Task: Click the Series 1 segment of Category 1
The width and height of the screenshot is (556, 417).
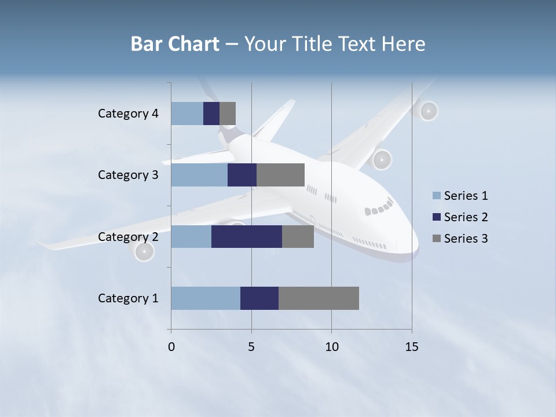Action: (206, 298)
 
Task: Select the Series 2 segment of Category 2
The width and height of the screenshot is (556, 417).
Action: (247, 236)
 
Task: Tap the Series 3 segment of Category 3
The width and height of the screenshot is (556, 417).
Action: (280, 175)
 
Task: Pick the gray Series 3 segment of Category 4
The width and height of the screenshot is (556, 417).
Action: (228, 114)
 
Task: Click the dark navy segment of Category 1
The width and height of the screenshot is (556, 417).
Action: (259, 298)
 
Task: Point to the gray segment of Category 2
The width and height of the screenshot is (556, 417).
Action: (298, 236)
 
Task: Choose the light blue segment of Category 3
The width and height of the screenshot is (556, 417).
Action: (199, 175)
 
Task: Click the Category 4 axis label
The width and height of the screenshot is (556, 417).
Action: (128, 114)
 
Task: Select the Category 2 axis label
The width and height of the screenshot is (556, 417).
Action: (128, 236)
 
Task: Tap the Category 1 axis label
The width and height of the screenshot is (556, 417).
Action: (128, 298)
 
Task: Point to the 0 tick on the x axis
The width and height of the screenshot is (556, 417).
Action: (171, 347)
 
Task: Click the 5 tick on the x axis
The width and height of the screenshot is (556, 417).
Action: (251, 347)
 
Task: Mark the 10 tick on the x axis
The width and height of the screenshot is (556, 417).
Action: (331, 347)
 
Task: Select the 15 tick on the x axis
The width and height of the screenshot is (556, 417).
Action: (412, 347)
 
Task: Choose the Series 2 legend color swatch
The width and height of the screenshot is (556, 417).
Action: (436, 217)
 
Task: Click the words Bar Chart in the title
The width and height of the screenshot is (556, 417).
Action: (175, 44)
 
